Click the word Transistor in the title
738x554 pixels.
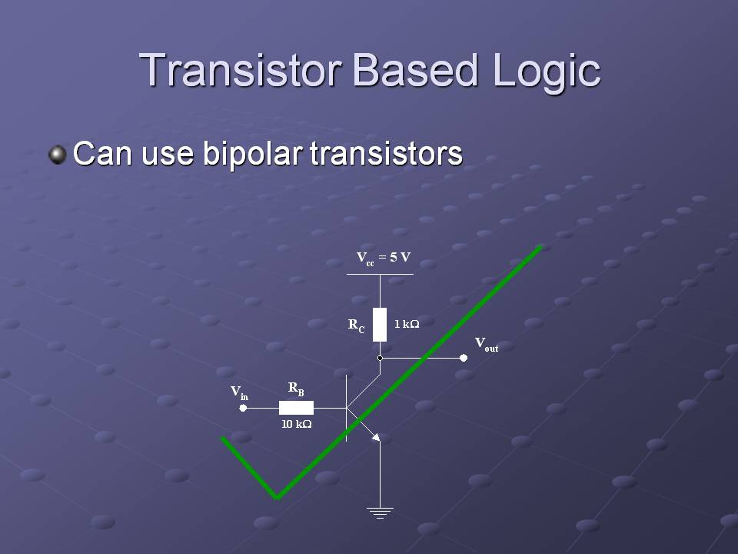[240, 70]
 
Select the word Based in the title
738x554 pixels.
[416, 70]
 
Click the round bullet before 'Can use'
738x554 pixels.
[58, 155]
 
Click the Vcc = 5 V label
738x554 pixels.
[383, 259]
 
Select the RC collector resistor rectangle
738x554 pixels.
[380, 325]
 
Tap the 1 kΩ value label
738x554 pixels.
[407, 324]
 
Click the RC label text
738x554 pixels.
[356, 325]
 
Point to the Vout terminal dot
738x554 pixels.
[464, 358]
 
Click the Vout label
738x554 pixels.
[486, 345]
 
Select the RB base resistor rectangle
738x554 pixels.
[296, 408]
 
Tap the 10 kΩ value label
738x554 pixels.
[297, 424]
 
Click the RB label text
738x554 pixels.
[296, 389]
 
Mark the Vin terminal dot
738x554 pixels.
[243, 408]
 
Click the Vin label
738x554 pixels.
[239, 392]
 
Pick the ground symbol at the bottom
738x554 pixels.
[380, 512]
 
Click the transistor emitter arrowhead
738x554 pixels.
[376, 438]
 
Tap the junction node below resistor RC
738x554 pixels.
[380, 358]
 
